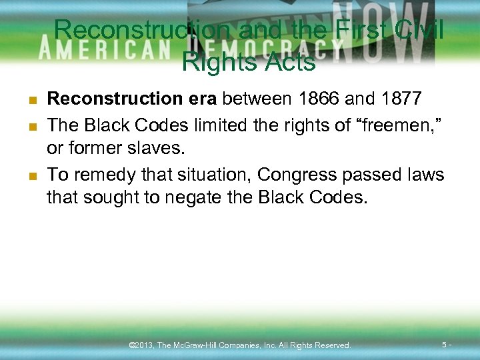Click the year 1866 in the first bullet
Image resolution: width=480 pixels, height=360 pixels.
coord(319,99)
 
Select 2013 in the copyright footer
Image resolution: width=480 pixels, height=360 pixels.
coord(144,345)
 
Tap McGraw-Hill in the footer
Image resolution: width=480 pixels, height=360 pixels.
coord(199,345)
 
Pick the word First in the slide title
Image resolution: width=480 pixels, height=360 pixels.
coord(364,30)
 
